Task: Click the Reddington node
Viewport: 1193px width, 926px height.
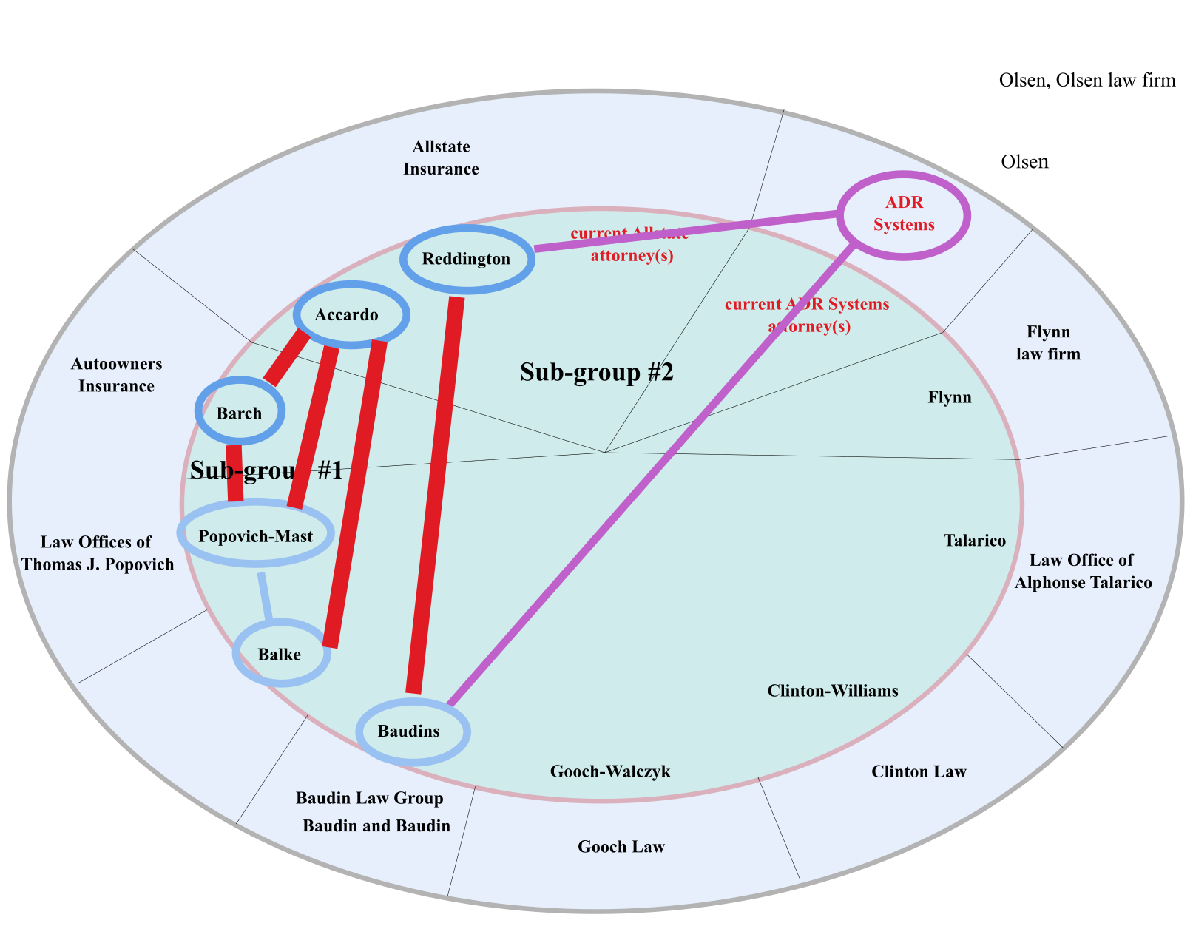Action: click(467, 259)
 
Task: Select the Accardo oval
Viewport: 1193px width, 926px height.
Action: click(351, 315)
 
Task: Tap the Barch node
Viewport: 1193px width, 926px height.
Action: click(240, 413)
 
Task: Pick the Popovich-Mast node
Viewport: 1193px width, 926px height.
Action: click(256, 535)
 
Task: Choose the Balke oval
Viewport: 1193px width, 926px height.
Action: click(281, 655)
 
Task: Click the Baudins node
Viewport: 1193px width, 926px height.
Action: click(413, 731)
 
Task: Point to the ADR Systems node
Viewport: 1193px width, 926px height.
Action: click(904, 214)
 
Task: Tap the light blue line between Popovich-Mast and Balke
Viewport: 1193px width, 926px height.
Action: click(265, 596)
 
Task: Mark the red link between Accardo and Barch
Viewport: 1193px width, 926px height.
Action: click(287, 358)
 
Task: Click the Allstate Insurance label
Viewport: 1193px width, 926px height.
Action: click(441, 158)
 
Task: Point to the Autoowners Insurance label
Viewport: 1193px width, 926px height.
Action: click(116, 375)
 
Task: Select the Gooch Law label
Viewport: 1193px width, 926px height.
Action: click(621, 847)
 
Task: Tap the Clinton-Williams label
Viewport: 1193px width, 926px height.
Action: click(833, 691)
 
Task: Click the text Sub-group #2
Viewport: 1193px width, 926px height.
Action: click(596, 372)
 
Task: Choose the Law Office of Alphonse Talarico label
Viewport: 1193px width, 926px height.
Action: click(1083, 571)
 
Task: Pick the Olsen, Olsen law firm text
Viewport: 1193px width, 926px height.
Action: click(1086, 80)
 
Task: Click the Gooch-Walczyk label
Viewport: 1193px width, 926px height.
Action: click(610, 772)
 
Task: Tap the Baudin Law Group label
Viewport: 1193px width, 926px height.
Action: click(369, 798)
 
